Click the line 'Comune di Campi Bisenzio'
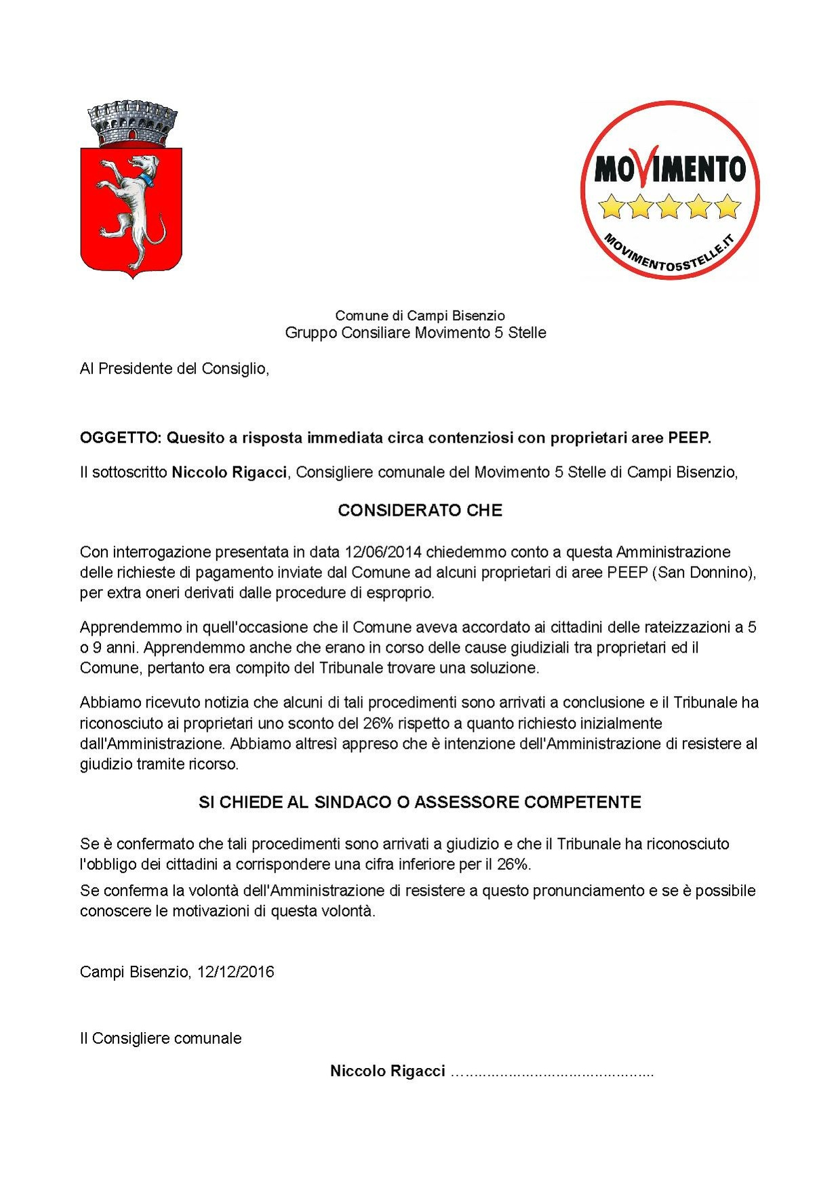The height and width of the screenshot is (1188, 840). coord(420,315)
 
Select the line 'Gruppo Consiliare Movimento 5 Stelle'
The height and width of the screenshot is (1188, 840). coord(415,333)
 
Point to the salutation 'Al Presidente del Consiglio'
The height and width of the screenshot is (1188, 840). coord(174,369)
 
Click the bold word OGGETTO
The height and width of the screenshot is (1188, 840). coord(119,438)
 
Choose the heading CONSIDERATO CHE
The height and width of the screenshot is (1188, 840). coord(420,510)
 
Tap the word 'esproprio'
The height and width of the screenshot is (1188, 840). coord(399,592)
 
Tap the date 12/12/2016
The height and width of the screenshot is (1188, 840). coord(235,972)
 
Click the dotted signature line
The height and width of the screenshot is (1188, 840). coord(552,1071)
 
